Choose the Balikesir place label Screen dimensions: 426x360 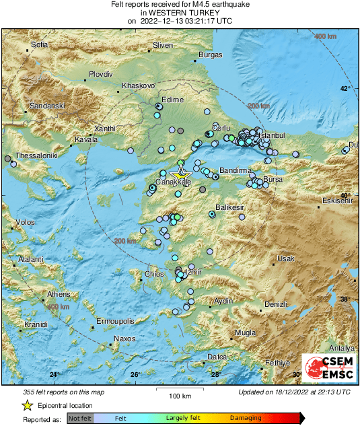[229, 208]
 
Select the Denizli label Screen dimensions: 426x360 [275, 304]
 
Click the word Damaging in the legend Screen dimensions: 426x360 [246, 418]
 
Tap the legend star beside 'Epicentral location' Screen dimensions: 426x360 [27, 406]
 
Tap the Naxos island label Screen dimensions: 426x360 [124, 338]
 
